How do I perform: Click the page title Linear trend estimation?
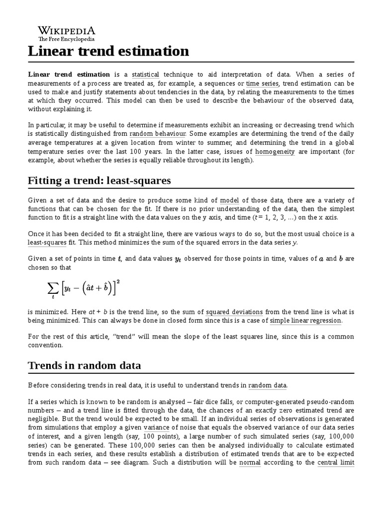(108, 51)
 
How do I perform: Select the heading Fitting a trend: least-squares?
(99, 180)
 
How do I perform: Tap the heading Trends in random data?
(84, 365)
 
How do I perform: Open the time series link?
(263, 84)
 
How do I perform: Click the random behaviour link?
(158, 134)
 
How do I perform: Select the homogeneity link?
(275, 152)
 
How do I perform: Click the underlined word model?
(229, 200)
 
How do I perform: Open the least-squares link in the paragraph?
(47, 242)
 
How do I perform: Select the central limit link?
(336, 462)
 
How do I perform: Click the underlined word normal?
(250, 462)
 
